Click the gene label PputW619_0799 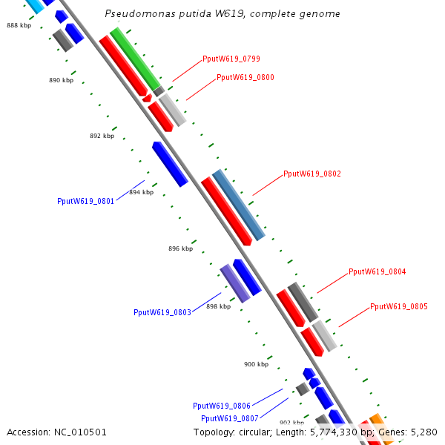[x=231, y=59]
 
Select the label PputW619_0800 [x=245, y=77]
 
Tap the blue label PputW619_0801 [x=86, y=201]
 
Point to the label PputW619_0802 [x=312, y=174]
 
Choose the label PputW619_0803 [x=162, y=312]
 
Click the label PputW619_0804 [x=377, y=271]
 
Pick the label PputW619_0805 [x=399, y=306]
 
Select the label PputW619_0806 [x=222, y=406]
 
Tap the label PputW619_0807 [x=230, y=418]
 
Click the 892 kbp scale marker [x=102, y=136]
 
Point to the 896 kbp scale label [x=180, y=249]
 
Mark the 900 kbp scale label [x=256, y=364]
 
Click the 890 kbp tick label [x=62, y=80]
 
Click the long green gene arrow [x=135, y=59]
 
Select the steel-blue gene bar [x=239, y=205]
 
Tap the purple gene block [x=235, y=283]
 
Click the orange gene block [x=376, y=423]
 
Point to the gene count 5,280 [x=422, y=432]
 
